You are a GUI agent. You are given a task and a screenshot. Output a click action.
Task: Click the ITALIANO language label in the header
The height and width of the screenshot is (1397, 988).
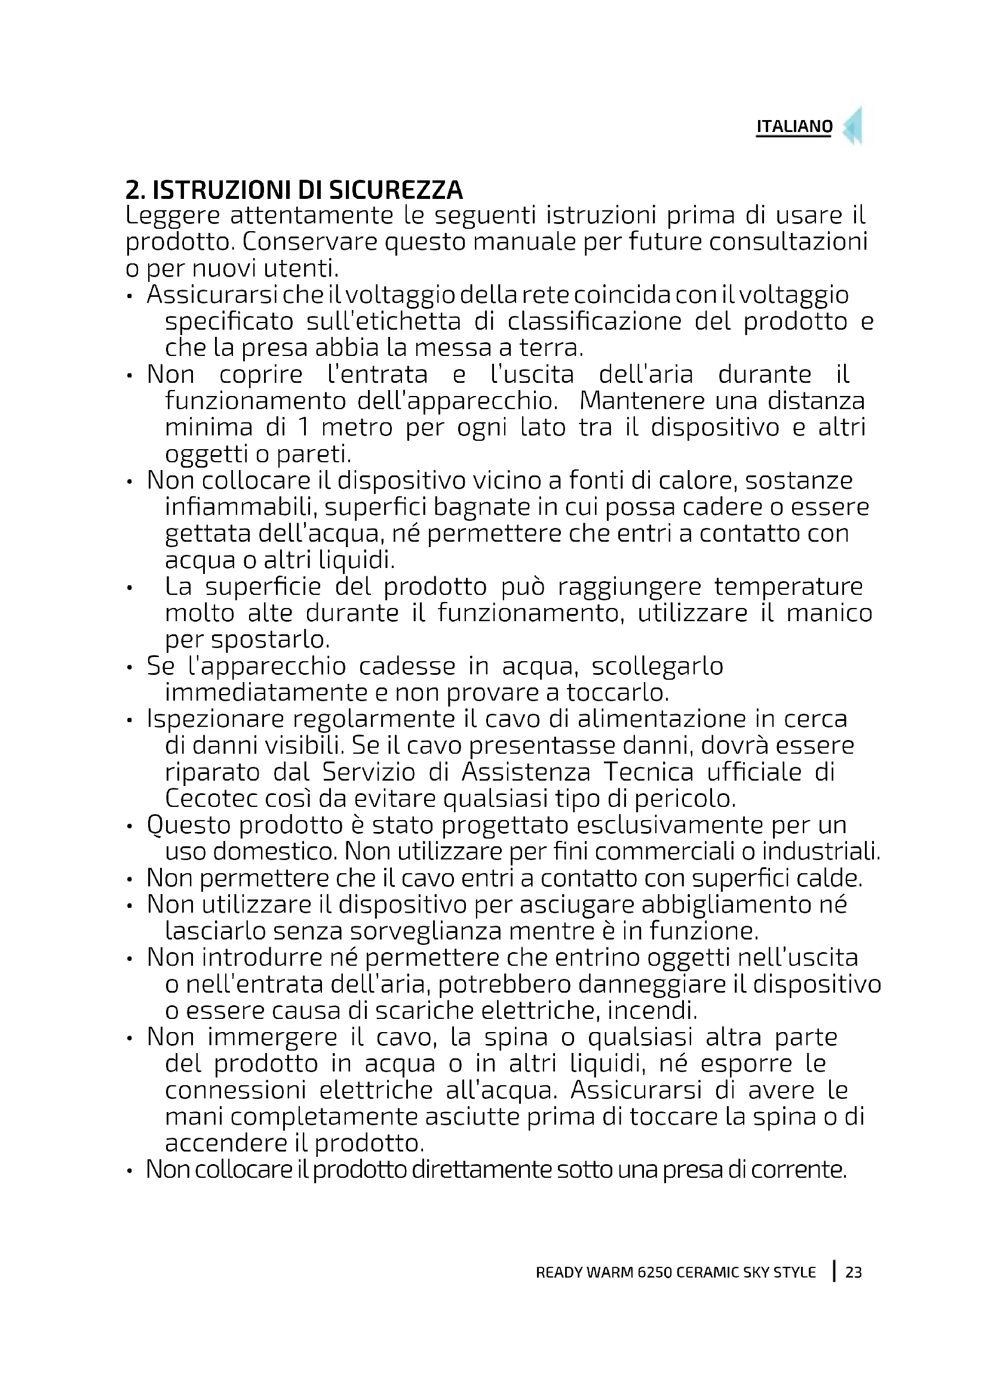click(x=794, y=127)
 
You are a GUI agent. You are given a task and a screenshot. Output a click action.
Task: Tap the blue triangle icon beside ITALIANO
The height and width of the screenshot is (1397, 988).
click(x=854, y=127)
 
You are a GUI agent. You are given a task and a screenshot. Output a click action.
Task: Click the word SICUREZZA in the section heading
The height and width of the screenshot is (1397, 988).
click(x=395, y=191)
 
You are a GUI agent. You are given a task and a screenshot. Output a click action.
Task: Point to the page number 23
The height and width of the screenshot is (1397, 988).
click(x=854, y=1272)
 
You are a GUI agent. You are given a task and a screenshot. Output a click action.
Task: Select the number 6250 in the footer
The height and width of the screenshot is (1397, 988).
click(x=655, y=1272)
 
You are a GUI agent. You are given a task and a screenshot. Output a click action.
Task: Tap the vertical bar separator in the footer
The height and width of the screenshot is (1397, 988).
click(x=834, y=1271)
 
